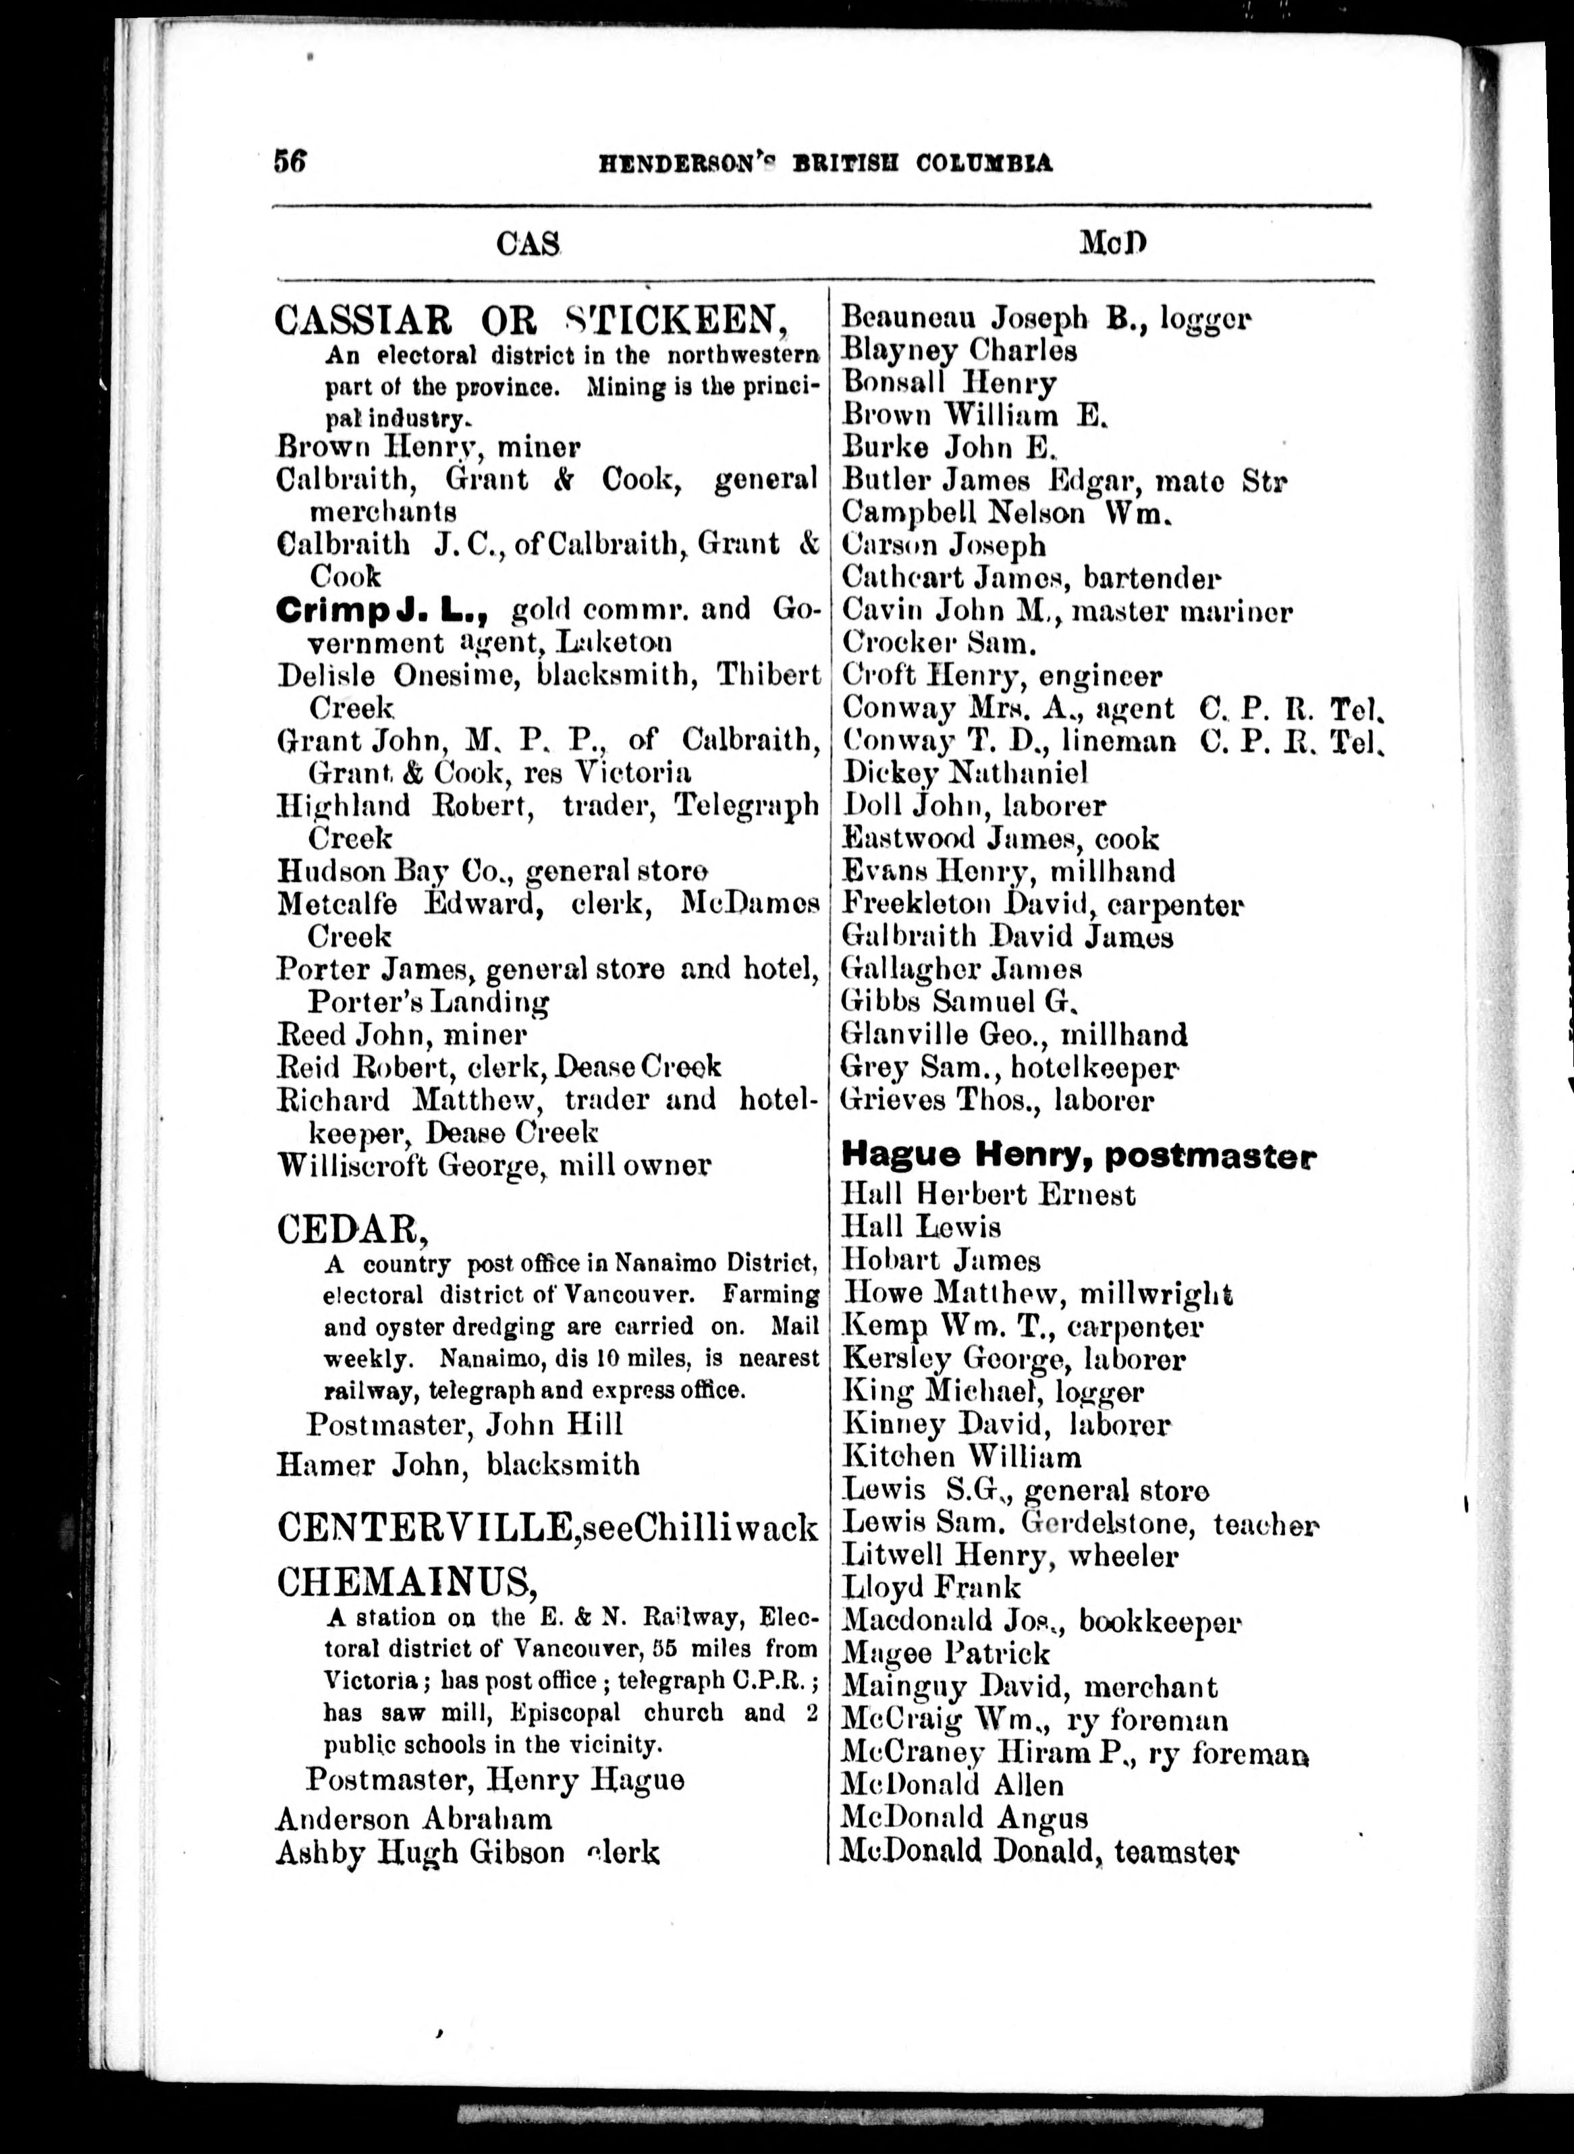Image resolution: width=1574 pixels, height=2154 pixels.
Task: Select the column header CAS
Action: pos(528,245)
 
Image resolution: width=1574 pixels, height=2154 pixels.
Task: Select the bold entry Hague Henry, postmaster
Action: pos(1078,1157)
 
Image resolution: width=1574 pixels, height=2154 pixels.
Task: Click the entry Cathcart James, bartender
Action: pos(1029,578)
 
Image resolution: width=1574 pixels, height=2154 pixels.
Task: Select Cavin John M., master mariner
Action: pos(1065,611)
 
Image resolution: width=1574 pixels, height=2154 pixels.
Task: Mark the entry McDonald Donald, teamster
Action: pos(1039,1851)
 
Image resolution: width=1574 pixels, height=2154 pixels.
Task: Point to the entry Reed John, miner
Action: pos(401,1034)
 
